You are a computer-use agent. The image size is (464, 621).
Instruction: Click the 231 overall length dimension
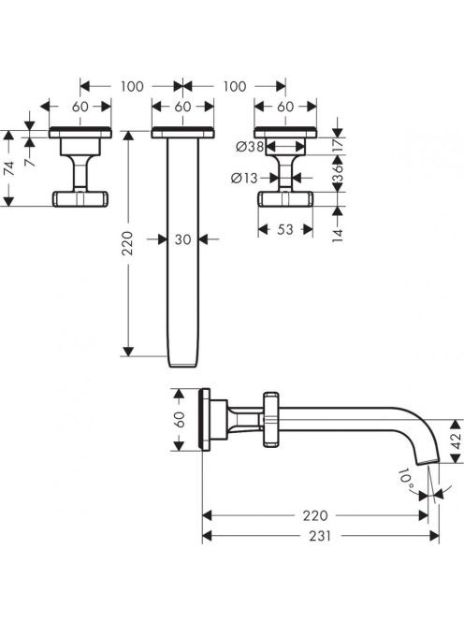tap(319, 536)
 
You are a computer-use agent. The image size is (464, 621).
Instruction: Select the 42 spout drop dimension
tap(457, 440)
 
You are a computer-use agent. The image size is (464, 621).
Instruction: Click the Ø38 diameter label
tap(250, 147)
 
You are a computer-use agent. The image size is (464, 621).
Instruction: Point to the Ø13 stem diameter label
tap(244, 179)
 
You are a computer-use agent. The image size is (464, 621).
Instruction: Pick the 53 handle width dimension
tap(285, 229)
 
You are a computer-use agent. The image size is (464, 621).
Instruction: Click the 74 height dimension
tap(8, 168)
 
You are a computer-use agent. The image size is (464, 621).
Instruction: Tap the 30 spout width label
tap(182, 239)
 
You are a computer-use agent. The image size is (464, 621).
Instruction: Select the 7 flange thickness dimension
tap(30, 162)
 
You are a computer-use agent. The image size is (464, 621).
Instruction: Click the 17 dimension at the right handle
tap(337, 145)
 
